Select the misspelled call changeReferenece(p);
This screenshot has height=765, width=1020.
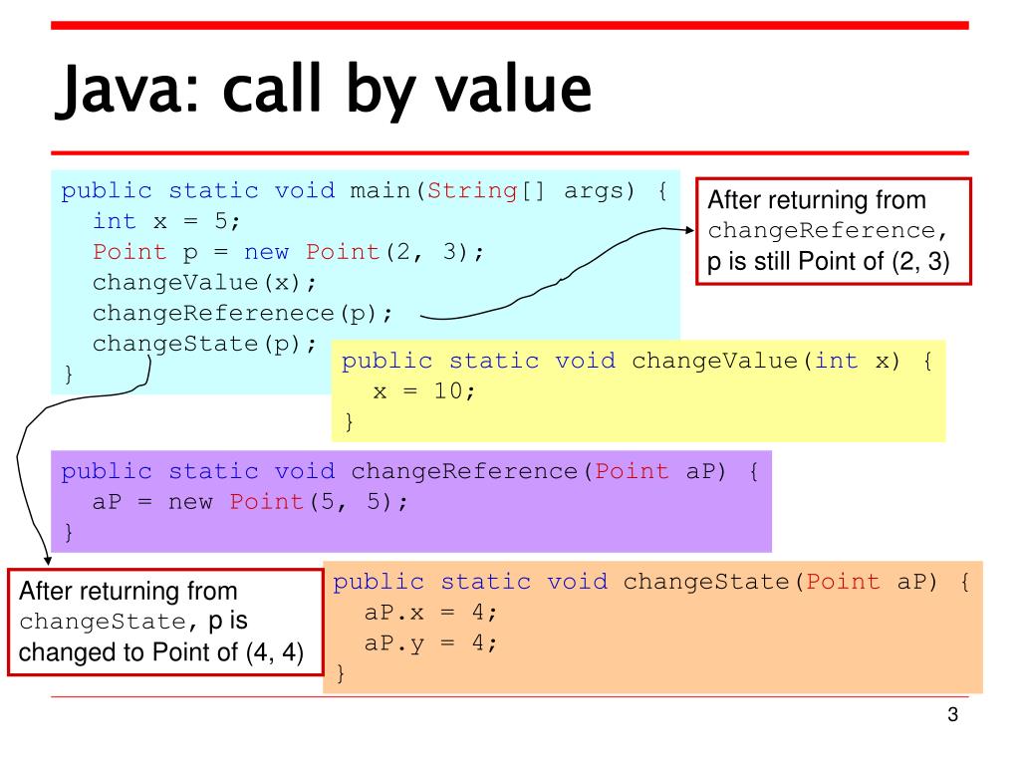(x=243, y=314)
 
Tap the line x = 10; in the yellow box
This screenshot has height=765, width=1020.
(x=424, y=391)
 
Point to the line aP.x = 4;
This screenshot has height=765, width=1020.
(x=430, y=613)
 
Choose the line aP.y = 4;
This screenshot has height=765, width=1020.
(x=430, y=643)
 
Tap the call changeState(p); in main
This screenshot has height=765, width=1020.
(x=204, y=345)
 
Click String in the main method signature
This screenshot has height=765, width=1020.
(x=473, y=190)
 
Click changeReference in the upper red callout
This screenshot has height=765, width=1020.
(x=820, y=231)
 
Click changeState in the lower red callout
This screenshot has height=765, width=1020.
(x=101, y=623)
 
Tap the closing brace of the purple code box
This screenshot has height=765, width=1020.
(x=68, y=533)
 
